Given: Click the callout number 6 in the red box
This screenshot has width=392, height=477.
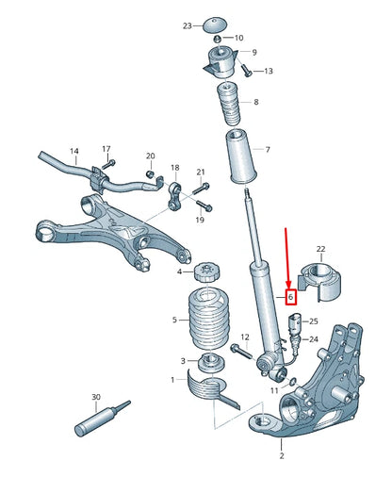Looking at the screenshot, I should point(291,296).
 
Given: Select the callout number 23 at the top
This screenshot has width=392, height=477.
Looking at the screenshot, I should point(187,25).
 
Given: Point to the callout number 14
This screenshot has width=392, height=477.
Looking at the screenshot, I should point(74,151).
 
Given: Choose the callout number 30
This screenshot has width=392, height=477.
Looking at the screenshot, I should point(95,398).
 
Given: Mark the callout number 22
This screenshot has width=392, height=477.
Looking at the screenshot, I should point(320,249).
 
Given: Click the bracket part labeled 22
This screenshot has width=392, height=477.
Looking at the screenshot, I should point(319,280).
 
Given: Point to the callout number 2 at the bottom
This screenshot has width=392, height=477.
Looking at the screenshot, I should point(281,454).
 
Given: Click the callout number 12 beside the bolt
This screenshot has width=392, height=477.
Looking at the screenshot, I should point(244,336).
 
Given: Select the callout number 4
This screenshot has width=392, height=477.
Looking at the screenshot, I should point(180,272).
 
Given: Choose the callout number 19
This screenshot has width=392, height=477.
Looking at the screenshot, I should point(200,219).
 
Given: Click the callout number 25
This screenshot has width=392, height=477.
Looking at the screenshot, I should point(314,321).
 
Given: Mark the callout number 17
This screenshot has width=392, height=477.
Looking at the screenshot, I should point(106,149).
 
